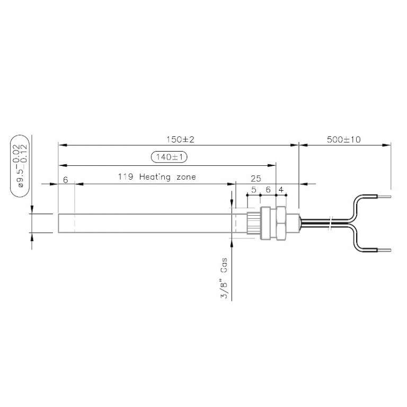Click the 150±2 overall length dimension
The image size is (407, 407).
(x=180, y=140)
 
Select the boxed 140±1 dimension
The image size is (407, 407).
(x=169, y=157)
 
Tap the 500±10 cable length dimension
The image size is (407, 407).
(x=343, y=140)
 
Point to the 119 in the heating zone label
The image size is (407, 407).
(x=126, y=177)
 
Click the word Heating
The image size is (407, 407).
(x=155, y=177)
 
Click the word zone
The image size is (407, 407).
(x=186, y=177)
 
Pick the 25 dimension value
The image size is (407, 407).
(x=255, y=179)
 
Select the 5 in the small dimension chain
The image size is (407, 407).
(x=254, y=190)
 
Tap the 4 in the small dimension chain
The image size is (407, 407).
(x=281, y=190)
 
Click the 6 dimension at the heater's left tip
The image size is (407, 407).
(x=65, y=180)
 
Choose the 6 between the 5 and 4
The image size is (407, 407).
(x=268, y=190)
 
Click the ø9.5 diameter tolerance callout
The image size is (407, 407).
(x=20, y=166)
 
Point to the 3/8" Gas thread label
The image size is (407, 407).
(x=224, y=278)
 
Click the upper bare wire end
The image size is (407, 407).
(x=384, y=197)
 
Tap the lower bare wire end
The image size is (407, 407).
(x=384, y=250)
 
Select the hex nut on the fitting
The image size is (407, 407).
(x=281, y=223)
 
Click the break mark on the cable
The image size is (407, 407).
(x=330, y=223)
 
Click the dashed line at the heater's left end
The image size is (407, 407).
(x=75, y=223)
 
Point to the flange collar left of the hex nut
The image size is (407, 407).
(x=266, y=223)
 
